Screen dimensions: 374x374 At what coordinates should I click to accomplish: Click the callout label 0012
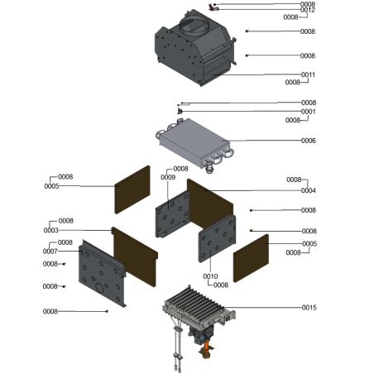pyautogui.click(x=308, y=10)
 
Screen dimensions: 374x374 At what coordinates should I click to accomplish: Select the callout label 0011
pyautogui.click(x=308, y=74)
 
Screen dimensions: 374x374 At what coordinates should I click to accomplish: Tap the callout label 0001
pyautogui.click(x=309, y=112)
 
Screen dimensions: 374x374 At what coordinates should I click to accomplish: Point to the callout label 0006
pyautogui.click(x=309, y=141)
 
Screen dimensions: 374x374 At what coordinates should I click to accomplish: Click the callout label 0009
pyautogui.click(x=168, y=177)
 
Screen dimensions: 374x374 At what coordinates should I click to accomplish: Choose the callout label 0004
pyautogui.click(x=309, y=190)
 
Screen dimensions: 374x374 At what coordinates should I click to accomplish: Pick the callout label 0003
pyautogui.click(x=51, y=230)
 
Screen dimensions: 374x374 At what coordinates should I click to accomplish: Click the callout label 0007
pyautogui.click(x=50, y=252)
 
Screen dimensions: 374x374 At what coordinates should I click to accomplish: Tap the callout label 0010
pyautogui.click(x=210, y=276)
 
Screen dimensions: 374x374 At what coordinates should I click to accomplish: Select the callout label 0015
pyautogui.click(x=309, y=308)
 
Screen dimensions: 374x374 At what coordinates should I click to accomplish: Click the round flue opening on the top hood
pyautogui.click(x=193, y=25)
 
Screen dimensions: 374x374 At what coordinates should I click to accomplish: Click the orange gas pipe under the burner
pyautogui.click(x=206, y=345)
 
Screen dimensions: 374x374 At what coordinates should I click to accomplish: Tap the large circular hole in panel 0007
pyautogui.click(x=99, y=288)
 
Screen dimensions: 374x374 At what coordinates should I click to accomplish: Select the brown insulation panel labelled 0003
pyautogui.click(x=135, y=257)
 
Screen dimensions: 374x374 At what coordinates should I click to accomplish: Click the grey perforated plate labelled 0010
pyautogui.click(x=217, y=238)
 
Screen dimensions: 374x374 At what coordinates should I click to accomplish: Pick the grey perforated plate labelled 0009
pyautogui.click(x=173, y=214)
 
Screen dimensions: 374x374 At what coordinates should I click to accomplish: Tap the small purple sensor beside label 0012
pyautogui.click(x=213, y=7)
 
